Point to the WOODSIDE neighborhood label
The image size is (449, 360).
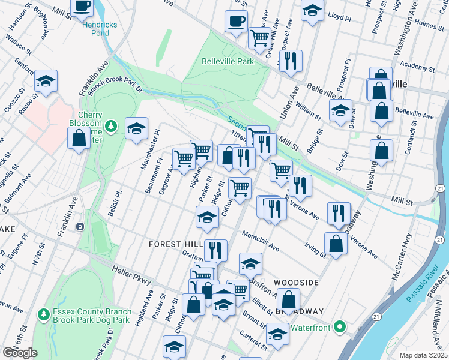click(x=295, y=282)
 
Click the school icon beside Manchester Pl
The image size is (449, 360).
click(x=137, y=127)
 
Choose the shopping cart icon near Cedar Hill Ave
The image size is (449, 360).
click(x=259, y=38)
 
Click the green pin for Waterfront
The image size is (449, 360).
click(x=340, y=328)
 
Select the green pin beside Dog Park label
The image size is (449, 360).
click(x=43, y=314)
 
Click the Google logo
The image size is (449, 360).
click(x=20, y=353)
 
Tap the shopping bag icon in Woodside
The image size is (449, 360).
click(x=288, y=299)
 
